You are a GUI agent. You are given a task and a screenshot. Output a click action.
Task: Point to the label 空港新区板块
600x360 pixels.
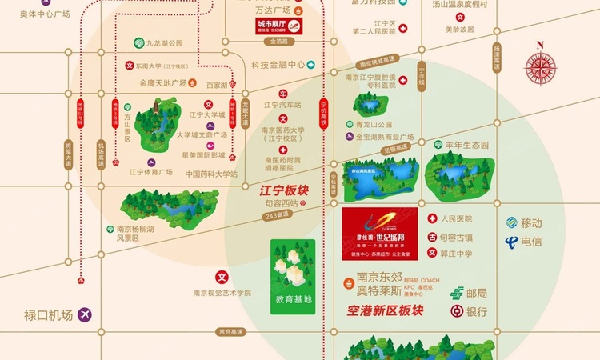[x=381, y=310]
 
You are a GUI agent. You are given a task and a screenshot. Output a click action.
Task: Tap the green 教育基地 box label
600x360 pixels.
[x=291, y=300]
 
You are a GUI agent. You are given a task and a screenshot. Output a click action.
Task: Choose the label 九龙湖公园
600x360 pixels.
[x=164, y=42]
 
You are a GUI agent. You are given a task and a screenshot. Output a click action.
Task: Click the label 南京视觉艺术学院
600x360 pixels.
[x=222, y=293]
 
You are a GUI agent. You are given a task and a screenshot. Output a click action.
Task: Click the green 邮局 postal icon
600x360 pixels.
[x=457, y=293]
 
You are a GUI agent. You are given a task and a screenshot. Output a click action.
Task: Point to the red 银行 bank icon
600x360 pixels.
[x=457, y=311]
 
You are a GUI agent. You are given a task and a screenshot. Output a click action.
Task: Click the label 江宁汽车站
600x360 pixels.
[x=283, y=105]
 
